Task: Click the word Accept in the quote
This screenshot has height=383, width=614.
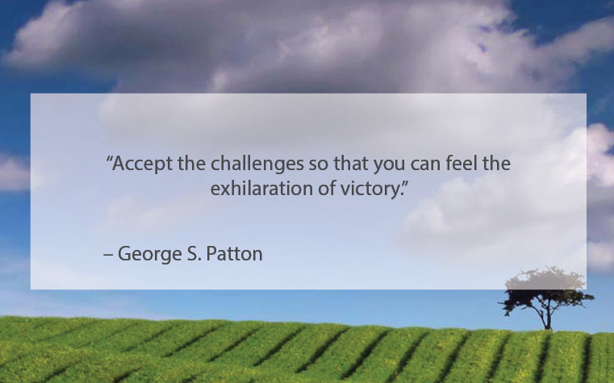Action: click(x=143, y=164)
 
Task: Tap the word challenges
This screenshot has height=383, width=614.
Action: click(x=257, y=163)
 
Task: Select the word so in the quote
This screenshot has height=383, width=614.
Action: click(x=319, y=165)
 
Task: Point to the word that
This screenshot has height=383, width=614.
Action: click(x=351, y=163)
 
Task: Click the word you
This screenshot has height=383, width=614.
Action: click(x=389, y=166)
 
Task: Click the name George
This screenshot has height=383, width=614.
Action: click(x=149, y=254)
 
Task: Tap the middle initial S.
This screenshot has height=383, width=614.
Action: click(x=194, y=254)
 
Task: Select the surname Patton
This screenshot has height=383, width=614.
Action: click(x=234, y=253)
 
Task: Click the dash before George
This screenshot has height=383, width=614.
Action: click(x=108, y=255)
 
